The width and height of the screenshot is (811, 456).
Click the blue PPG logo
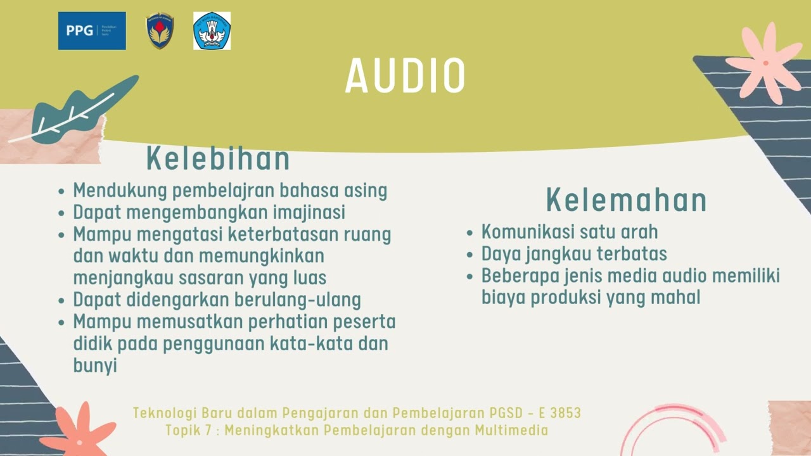tap(92, 30)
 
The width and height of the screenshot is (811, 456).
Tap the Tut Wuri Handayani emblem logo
tap(212, 30)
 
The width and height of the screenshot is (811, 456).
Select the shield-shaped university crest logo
tap(160, 30)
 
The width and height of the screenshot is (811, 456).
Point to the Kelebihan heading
tap(218, 158)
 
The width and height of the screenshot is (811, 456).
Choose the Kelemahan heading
tap(626, 200)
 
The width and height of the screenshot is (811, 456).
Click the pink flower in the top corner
tap(765, 62)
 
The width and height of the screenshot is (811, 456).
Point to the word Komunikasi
tap(527, 232)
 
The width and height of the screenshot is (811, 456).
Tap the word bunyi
tap(95, 365)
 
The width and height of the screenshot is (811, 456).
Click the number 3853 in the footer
tap(566, 414)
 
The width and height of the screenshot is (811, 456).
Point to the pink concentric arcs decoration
tap(675, 431)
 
